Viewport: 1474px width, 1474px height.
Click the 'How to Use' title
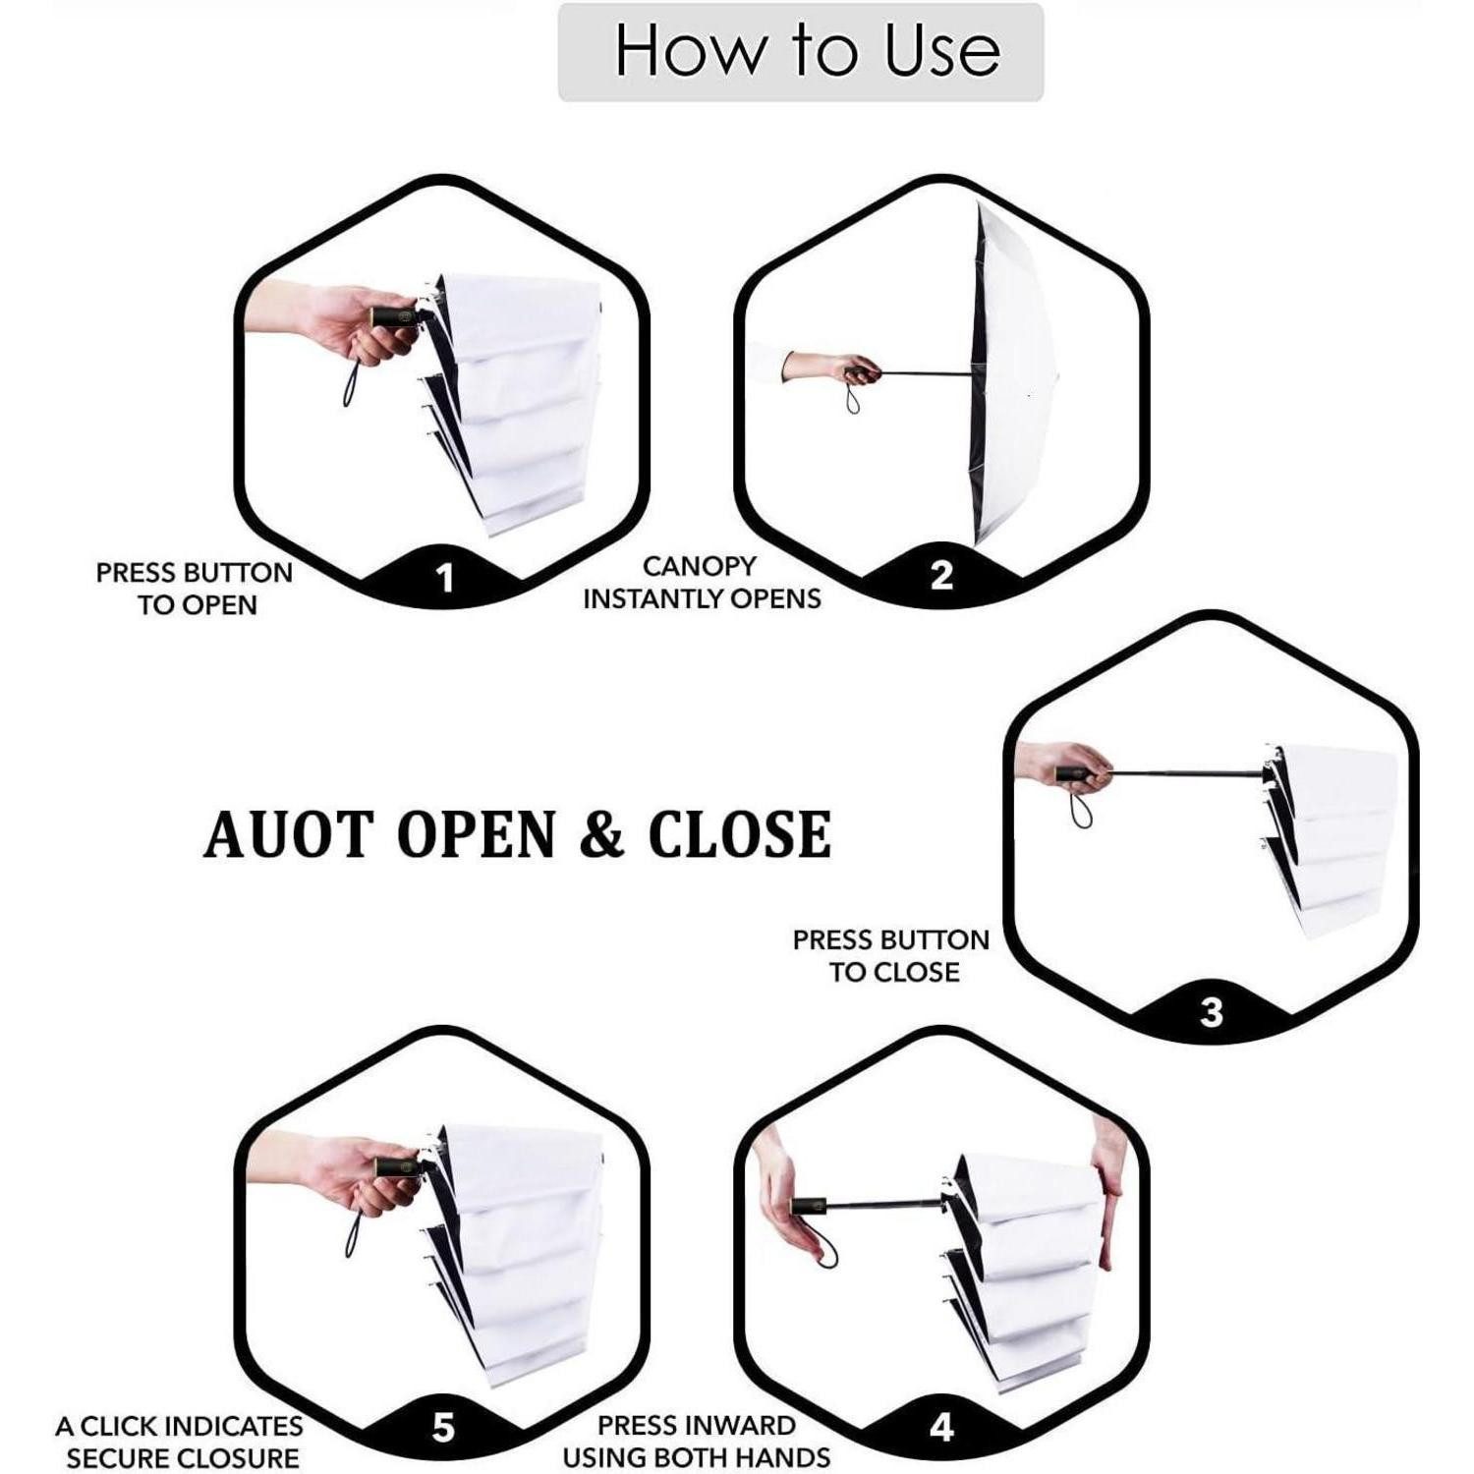click(807, 50)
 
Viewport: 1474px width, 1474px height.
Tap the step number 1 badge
click(445, 579)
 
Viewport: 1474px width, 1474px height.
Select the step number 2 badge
click(941, 576)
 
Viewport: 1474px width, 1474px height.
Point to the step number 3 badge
click(1212, 1012)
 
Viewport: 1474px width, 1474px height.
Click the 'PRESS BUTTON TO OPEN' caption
click(195, 589)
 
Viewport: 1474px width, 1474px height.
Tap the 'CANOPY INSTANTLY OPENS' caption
click(702, 582)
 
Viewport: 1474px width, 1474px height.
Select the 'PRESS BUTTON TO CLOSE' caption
click(891, 956)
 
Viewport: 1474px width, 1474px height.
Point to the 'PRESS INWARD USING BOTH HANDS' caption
click(697, 1442)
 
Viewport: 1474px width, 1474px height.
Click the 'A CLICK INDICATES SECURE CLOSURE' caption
click(179, 1442)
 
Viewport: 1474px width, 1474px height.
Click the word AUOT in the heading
click(289, 834)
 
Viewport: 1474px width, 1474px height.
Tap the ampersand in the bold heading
click(601, 834)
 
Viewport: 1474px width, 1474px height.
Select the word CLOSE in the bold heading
click(740, 834)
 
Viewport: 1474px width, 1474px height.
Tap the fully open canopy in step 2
click(1009, 373)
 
